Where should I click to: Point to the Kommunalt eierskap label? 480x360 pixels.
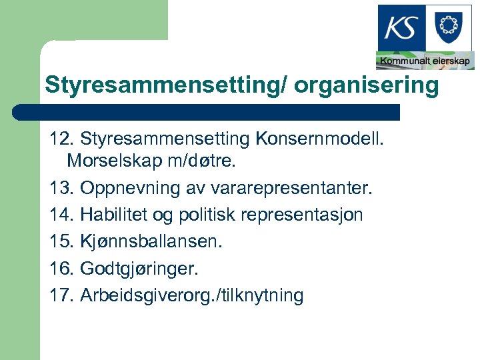[x=425, y=61]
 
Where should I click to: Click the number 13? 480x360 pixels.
[x=62, y=189]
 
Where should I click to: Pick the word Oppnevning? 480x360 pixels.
[x=123, y=189]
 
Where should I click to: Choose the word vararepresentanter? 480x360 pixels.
[x=281, y=189]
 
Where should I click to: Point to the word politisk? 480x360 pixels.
[x=204, y=215]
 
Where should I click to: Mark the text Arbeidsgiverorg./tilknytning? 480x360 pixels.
[x=192, y=295]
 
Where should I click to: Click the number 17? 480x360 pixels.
[x=62, y=295]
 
